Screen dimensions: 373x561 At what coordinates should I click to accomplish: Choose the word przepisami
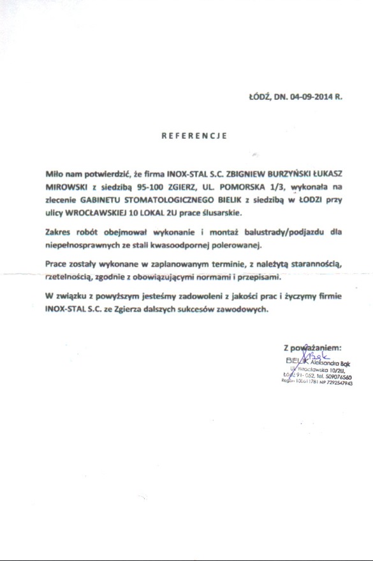(x=258, y=278)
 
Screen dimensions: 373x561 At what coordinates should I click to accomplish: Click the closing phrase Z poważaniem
(x=312, y=348)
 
